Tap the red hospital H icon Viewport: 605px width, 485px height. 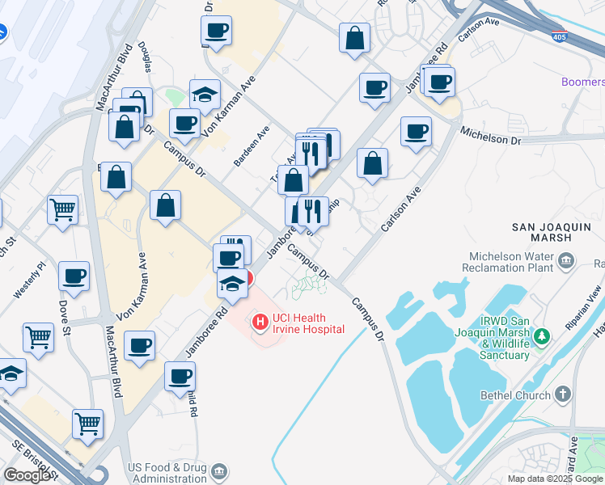[260, 323]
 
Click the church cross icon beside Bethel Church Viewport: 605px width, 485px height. [563, 395]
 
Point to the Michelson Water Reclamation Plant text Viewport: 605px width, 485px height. [507, 261]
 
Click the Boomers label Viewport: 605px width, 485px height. [583, 82]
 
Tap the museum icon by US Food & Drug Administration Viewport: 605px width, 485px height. [218, 470]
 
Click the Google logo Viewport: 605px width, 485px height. [27, 474]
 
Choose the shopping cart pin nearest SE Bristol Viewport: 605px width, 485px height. [87, 422]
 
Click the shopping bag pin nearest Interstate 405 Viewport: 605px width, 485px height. [354, 37]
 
